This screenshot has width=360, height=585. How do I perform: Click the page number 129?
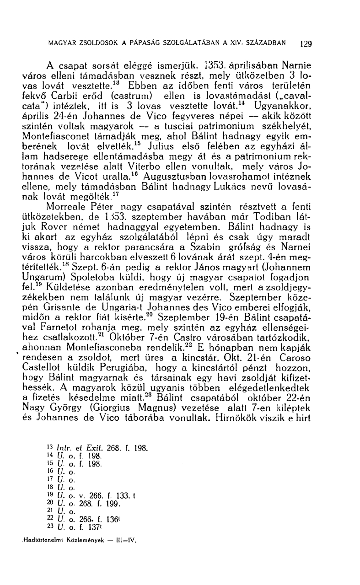[306, 44]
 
